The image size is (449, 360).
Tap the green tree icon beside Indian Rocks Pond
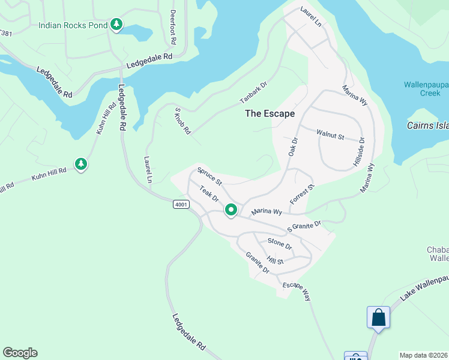click(116, 25)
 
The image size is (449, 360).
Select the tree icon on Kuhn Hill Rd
click(81, 163)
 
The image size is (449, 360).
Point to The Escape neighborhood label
click(270, 113)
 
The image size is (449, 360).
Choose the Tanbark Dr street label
click(253, 96)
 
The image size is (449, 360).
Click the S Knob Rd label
click(182, 121)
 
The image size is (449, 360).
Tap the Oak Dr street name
click(294, 148)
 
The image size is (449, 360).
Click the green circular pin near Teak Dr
click(231, 210)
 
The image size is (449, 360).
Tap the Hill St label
click(275, 260)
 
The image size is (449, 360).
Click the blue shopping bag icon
click(378, 316)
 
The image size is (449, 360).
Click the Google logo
click(20, 353)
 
